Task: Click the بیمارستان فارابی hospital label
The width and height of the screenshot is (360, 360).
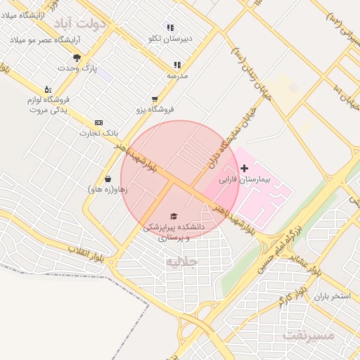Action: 239,181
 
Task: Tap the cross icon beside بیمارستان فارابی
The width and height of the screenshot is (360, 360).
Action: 244,168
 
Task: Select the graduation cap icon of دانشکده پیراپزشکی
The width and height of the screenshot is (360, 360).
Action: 174,215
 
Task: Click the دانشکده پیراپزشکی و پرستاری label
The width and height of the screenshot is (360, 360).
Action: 174,232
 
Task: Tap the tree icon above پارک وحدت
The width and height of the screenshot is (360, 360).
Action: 77,57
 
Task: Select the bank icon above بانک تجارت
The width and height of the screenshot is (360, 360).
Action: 98,122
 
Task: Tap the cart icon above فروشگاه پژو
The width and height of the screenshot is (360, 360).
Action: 155,99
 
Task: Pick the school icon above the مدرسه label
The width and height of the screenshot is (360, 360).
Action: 177,65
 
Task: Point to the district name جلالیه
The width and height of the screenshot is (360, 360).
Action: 182,262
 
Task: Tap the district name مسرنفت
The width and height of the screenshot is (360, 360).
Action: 309,335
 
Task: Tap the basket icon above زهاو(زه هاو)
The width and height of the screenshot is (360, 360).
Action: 108,178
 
